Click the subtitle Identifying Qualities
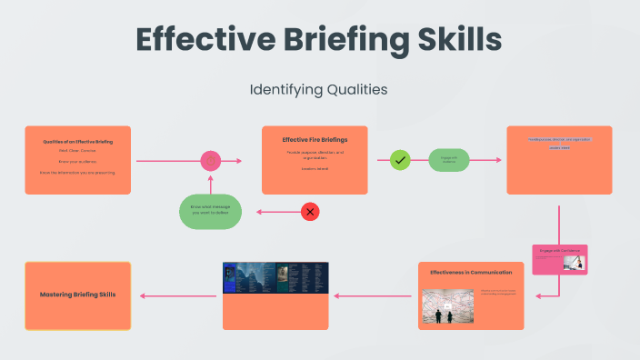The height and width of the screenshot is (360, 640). pyautogui.click(x=318, y=90)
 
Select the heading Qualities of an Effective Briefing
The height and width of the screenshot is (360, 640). pyautogui.click(x=77, y=142)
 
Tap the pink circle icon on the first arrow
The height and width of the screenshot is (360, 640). pyautogui.click(x=211, y=161)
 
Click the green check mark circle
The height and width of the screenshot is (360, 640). pyautogui.click(x=400, y=160)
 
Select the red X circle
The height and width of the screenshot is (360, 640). pyautogui.click(x=310, y=212)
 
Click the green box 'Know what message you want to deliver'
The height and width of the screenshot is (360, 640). pyautogui.click(x=210, y=211)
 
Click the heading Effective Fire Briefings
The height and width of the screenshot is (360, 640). pyautogui.click(x=315, y=140)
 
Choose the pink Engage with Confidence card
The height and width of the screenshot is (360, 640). pyautogui.click(x=558, y=259)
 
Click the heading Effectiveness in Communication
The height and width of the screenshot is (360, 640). pyautogui.click(x=471, y=272)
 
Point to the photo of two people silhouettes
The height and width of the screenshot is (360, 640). pyautogui.click(x=448, y=306)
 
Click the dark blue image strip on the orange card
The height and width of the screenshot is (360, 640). pyautogui.click(x=275, y=277)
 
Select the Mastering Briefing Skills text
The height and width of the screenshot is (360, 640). pyautogui.click(x=77, y=295)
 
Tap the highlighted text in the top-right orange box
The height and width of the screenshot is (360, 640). pyautogui.click(x=559, y=143)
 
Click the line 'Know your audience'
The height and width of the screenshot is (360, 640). pyautogui.click(x=77, y=161)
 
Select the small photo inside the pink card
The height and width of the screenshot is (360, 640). pyautogui.click(x=573, y=262)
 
